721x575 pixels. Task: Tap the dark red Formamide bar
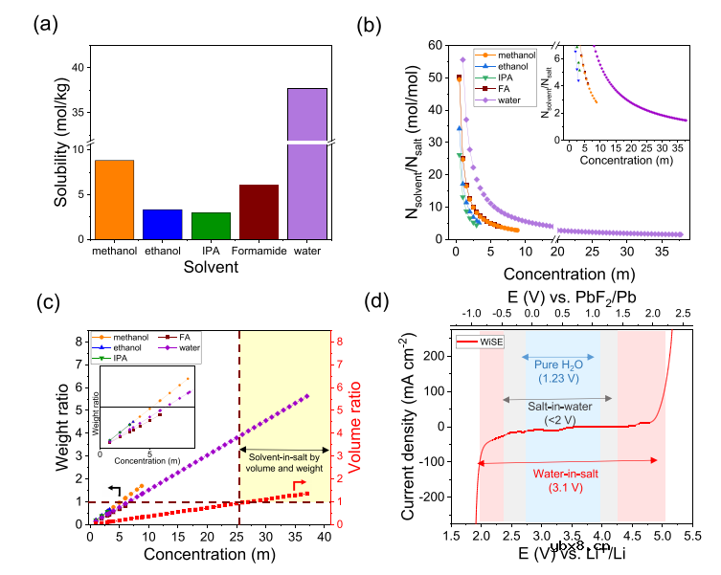tap(259, 211)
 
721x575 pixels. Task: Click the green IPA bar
tap(210, 226)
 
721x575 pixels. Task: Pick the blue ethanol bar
tap(162, 224)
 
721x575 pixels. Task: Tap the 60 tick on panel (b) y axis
tap(438, 45)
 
